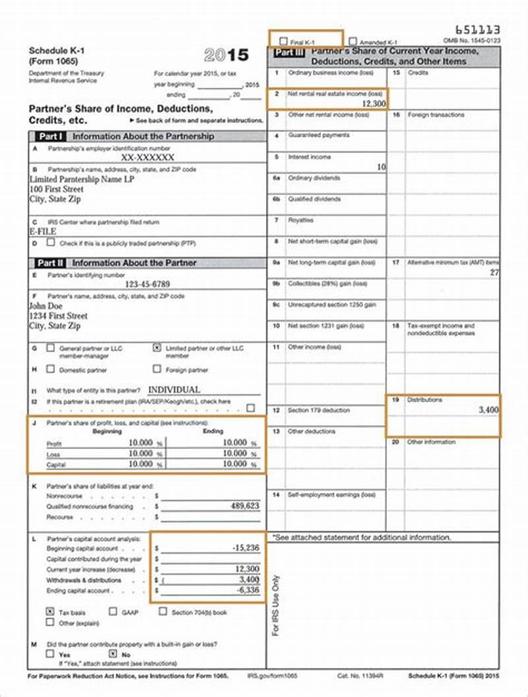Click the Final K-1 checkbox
(284, 42)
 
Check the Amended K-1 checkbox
(353, 41)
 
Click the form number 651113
(478, 30)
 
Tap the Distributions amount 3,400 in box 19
(488, 410)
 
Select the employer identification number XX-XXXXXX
(148, 158)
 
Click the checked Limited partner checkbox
(156, 347)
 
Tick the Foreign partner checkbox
(156, 369)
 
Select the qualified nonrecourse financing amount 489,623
(243, 506)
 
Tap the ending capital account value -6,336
(247, 590)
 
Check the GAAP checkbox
(113, 612)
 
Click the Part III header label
(288, 52)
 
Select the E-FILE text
(42, 232)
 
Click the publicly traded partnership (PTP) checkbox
(51, 242)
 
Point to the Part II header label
(50, 263)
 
